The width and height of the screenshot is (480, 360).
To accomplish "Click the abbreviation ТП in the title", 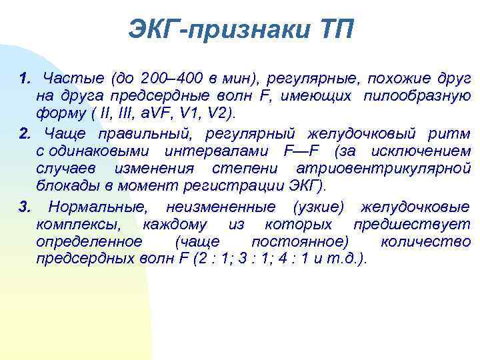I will (x=333, y=30).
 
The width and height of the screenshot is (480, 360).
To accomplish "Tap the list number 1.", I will (x=25, y=79).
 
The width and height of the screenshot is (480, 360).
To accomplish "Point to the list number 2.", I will (x=25, y=134).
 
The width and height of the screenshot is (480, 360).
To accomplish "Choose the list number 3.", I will (x=25, y=207).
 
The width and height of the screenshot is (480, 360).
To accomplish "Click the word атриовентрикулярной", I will (x=383, y=169).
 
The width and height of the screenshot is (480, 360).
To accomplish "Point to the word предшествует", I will (x=411, y=225).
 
